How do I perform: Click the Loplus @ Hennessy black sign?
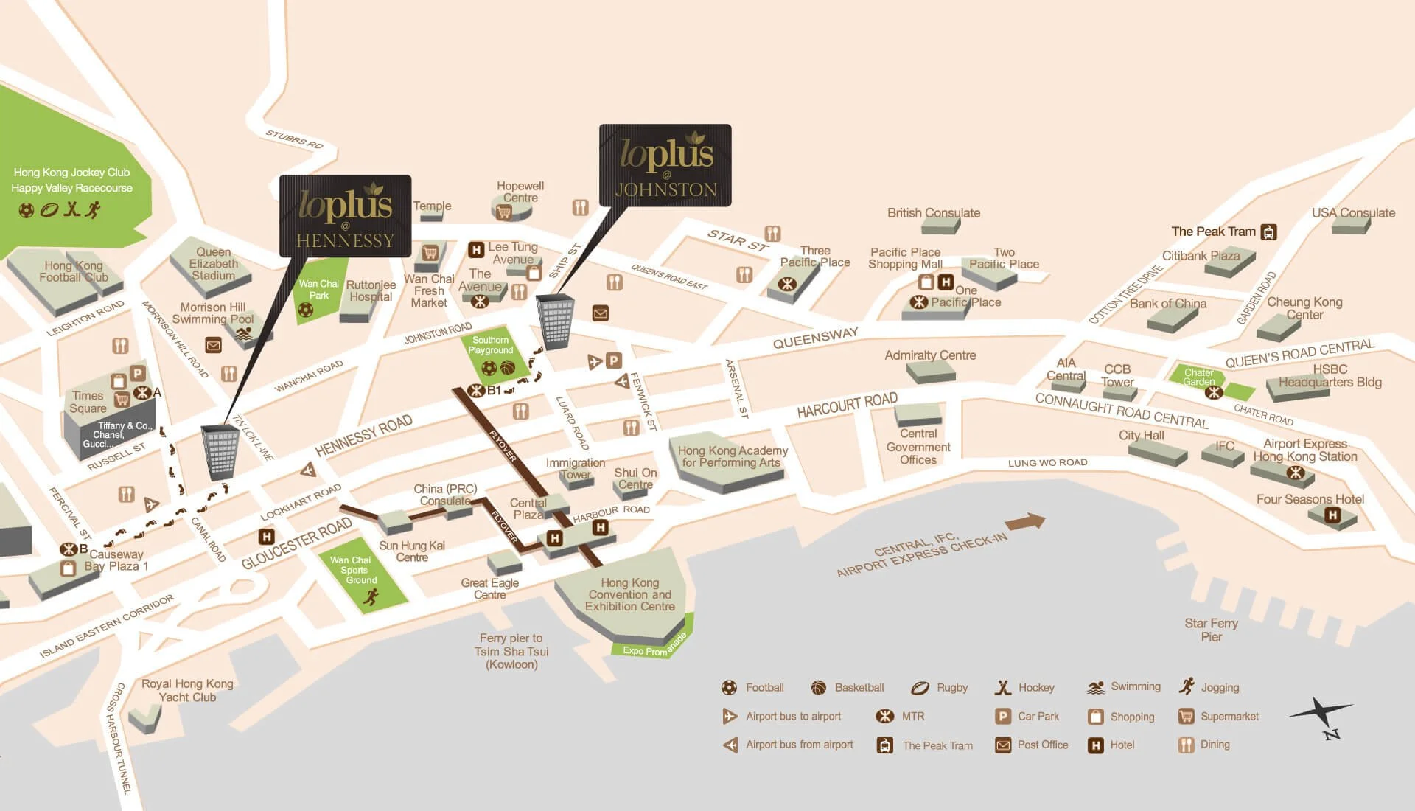pyautogui.click(x=345, y=216)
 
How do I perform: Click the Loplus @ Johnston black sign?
pyautogui.click(x=665, y=165)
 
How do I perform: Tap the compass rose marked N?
pyautogui.click(x=1322, y=717)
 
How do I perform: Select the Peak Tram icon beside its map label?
pyautogui.click(x=1268, y=232)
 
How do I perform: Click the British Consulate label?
pyautogui.click(x=933, y=213)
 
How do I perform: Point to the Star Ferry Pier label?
pyautogui.click(x=1211, y=630)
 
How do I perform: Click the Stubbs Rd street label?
pyautogui.click(x=294, y=139)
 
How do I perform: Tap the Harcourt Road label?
pyautogui.click(x=847, y=405)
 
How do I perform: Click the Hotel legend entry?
pyautogui.click(x=1112, y=745)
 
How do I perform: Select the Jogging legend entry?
pyautogui.click(x=1209, y=687)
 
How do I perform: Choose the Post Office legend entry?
pyautogui.click(x=1032, y=745)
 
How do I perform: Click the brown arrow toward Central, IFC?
pyautogui.click(x=1025, y=522)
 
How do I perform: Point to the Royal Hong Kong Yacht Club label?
pyautogui.click(x=187, y=690)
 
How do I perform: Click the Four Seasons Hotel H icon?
pyautogui.click(x=1332, y=515)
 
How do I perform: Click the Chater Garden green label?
pyautogui.click(x=1198, y=377)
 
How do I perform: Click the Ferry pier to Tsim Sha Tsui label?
pyautogui.click(x=511, y=651)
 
